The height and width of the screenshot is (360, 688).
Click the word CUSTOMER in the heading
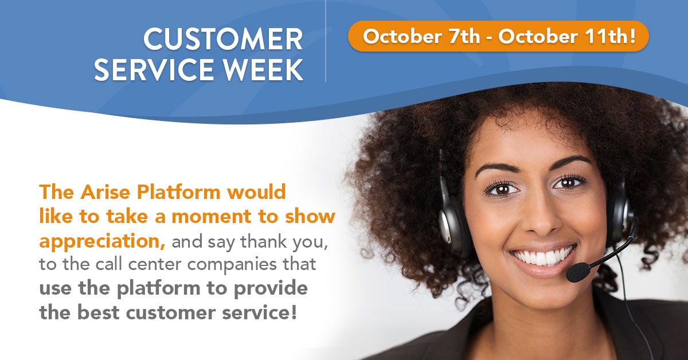(x=223, y=40)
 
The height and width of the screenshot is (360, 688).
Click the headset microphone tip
(x=578, y=272)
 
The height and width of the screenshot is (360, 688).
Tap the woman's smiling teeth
(x=542, y=256)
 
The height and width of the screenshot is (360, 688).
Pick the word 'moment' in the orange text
(x=212, y=217)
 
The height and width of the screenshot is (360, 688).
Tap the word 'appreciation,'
(x=102, y=242)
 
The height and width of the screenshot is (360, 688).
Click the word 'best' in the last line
(x=98, y=312)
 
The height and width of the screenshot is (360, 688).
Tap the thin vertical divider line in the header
(x=326, y=41)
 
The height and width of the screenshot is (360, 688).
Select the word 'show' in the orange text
(x=310, y=216)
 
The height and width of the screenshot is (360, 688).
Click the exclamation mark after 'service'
(x=294, y=312)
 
